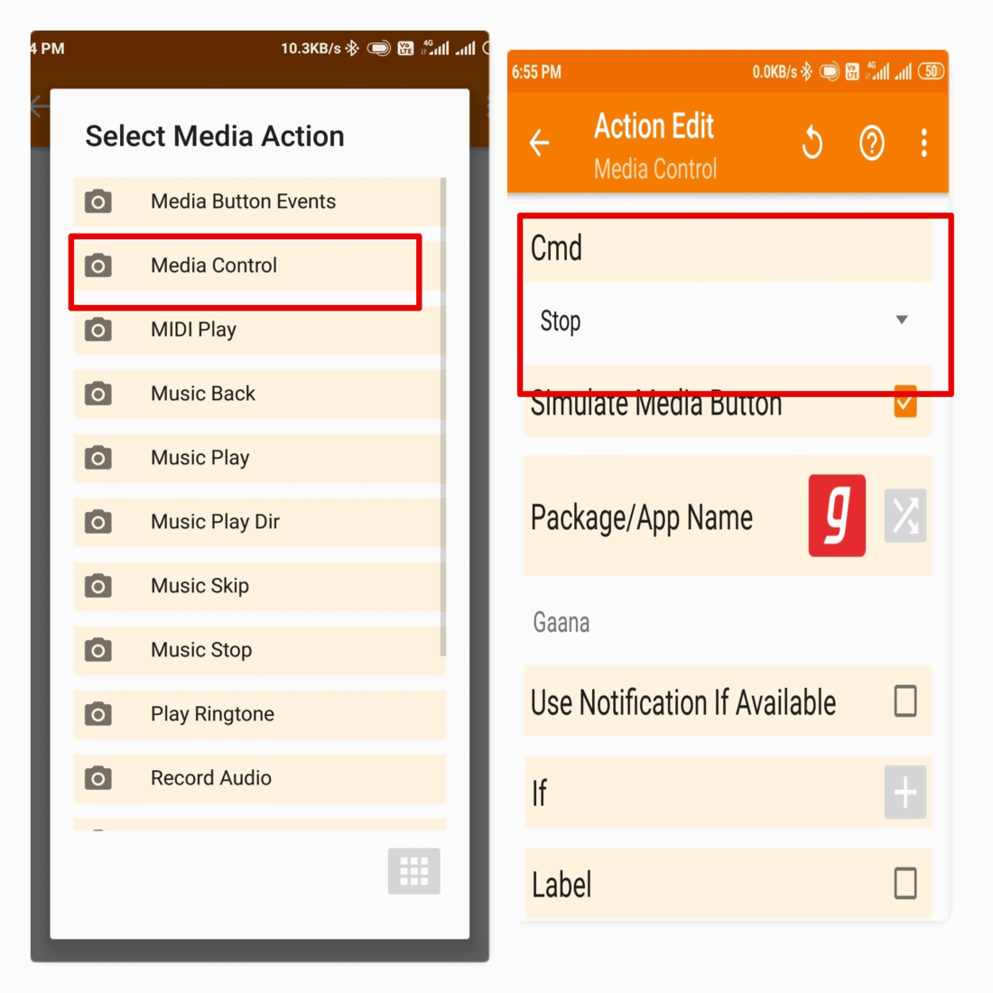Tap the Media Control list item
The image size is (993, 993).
tap(214, 265)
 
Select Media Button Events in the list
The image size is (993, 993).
tap(243, 201)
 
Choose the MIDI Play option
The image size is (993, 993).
tap(193, 329)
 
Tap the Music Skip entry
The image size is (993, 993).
tap(200, 586)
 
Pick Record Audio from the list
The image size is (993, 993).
tap(210, 778)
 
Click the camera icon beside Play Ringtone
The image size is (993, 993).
tap(98, 714)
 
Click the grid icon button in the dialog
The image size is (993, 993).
tap(414, 871)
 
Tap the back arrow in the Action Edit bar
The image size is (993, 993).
tap(540, 143)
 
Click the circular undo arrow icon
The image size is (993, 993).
tap(812, 143)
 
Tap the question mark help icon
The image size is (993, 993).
tap(872, 143)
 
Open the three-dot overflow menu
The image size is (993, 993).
tap(923, 143)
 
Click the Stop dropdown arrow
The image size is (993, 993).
tap(901, 320)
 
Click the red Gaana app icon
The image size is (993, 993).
tap(837, 515)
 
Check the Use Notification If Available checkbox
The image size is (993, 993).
tap(905, 701)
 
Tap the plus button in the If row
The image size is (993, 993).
tap(905, 793)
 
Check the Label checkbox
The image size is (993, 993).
tap(905, 884)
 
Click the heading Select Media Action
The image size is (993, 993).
tap(215, 136)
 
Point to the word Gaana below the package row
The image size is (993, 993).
tap(561, 623)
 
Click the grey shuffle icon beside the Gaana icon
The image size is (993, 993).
tap(905, 515)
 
